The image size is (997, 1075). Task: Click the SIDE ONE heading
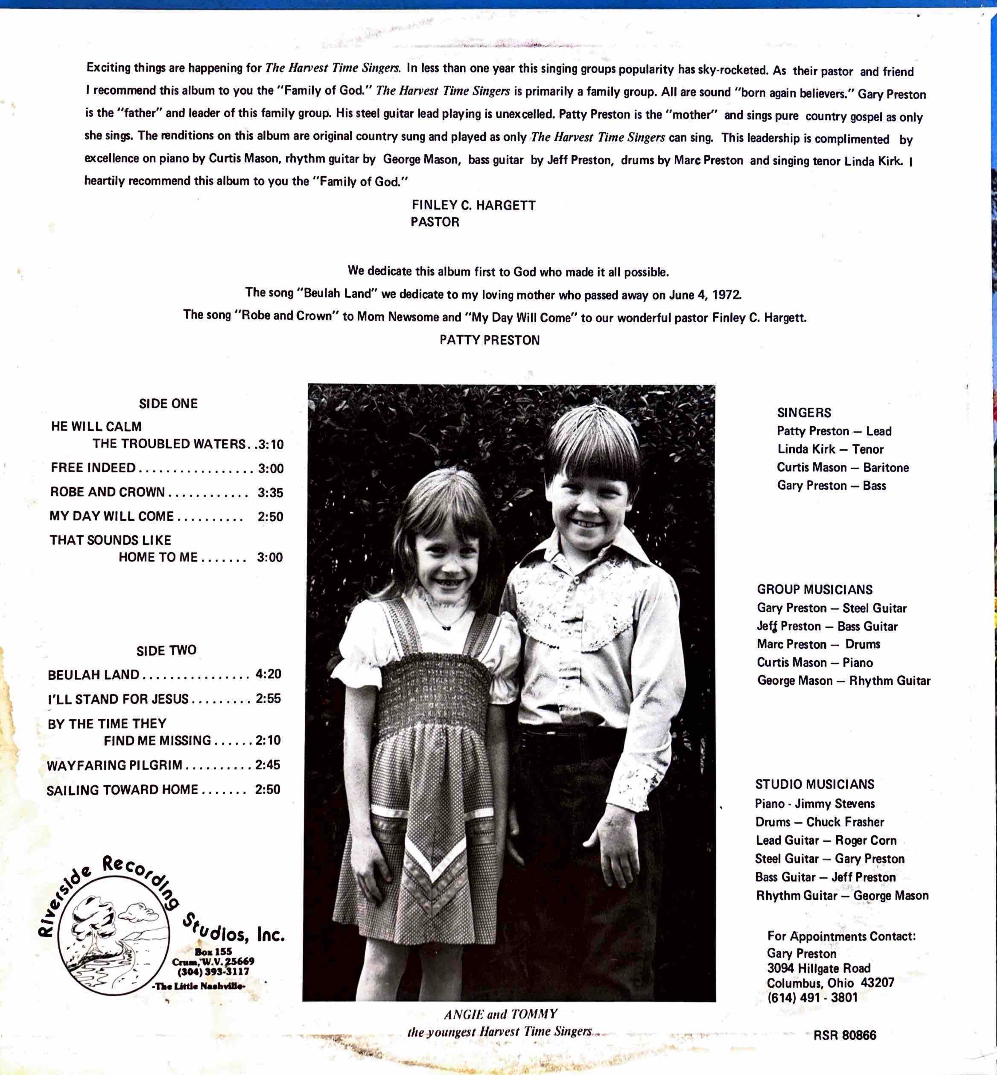pos(168,404)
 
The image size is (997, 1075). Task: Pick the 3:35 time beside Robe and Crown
pos(270,492)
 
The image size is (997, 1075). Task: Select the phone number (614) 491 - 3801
pos(812,997)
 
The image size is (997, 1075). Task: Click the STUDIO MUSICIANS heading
pos(814,784)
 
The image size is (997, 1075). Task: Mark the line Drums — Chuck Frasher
pos(819,822)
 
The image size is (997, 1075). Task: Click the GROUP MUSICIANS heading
pos(814,589)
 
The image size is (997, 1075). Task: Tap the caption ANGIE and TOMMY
pos(500,1014)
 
